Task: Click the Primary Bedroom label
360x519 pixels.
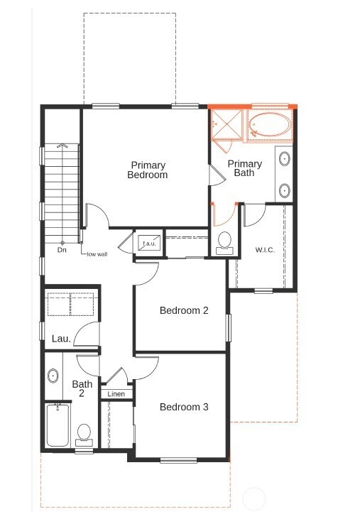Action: (x=148, y=170)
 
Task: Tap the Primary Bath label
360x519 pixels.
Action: (x=244, y=168)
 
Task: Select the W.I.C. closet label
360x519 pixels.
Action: (x=264, y=250)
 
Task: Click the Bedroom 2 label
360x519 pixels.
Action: (x=184, y=310)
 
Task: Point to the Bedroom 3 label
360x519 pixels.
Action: (x=184, y=407)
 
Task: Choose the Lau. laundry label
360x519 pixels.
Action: (x=61, y=339)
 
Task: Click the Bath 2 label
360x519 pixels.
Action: (x=82, y=388)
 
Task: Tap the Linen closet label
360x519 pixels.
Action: (x=116, y=394)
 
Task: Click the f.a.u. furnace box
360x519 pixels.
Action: (x=149, y=244)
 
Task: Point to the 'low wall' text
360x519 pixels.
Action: (x=97, y=253)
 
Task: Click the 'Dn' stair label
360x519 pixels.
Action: (x=62, y=250)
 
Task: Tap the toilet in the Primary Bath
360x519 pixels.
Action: (x=225, y=241)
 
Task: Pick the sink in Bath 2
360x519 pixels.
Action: (x=53, y=376)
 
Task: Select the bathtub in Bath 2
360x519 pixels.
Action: (x=57, y=425)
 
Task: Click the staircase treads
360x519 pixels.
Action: (x=62, y=192)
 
